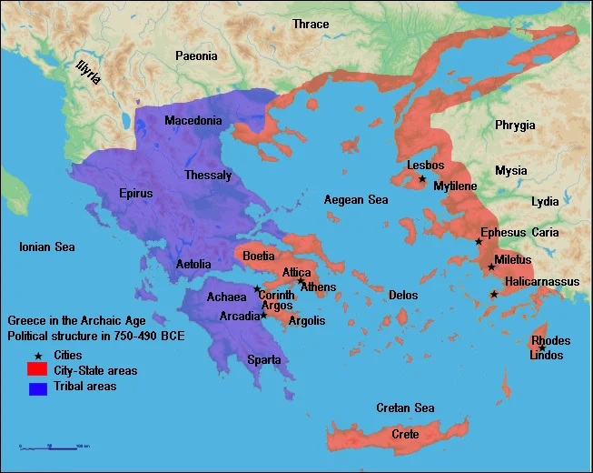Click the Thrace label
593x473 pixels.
[x=311, y=24]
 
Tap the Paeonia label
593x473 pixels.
[x=196, y=56]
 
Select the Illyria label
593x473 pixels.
[x=88, y=70]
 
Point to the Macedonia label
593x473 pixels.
[x=193, y=121]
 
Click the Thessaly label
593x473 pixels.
[x=208, y=175]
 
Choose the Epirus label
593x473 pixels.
[x=135, y=193]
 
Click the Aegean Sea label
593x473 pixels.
[x=357, y=199]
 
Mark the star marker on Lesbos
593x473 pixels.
[x=422, y=178]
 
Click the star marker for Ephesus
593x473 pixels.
[x=479, y=241]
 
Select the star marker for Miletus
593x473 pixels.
[x=491, y=267]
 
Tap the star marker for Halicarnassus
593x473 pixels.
[x=494, y=294]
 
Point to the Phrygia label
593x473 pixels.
[x=515, y=125]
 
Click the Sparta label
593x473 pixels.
[x=264, y=360]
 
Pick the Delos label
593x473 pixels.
[x=403, y=295]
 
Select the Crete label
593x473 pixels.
[x=405, y=435]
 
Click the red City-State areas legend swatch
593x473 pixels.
[x=36, y=370]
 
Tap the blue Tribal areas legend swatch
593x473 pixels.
[x=36, y=387]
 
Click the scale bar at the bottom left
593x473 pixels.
[x=54, y=446]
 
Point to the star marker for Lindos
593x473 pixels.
[x=542, y=347]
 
